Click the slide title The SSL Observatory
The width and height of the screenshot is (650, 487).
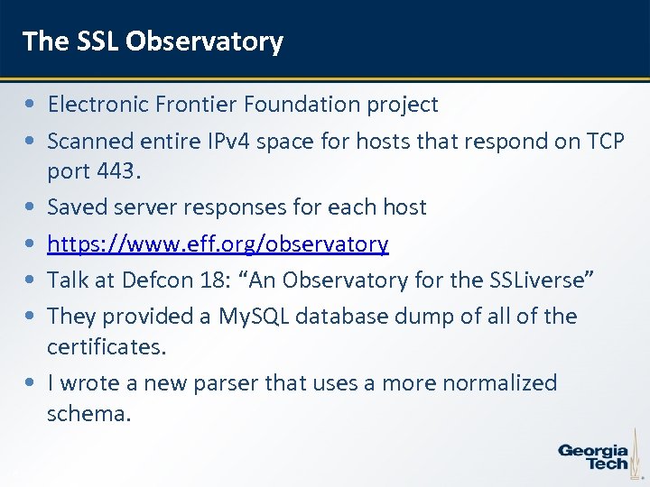pyautogui.click(x=153, y=41)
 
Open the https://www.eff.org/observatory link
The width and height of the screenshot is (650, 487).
pyautogui.click(x=218, y=244)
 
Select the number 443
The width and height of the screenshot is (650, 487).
pyautogui.click(x=121, y=170)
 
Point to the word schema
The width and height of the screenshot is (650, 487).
pyautogui.click(x=88, y=414)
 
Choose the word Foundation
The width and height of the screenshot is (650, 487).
pyautogui.click(x=306, y=105)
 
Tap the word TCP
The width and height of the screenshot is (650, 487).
pyautogui.click(x=605, y=142)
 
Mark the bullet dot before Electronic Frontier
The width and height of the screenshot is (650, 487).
pyautogui.click(x=32, y=105)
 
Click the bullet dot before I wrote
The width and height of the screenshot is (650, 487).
pyautogui.click(x=32, y=383)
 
